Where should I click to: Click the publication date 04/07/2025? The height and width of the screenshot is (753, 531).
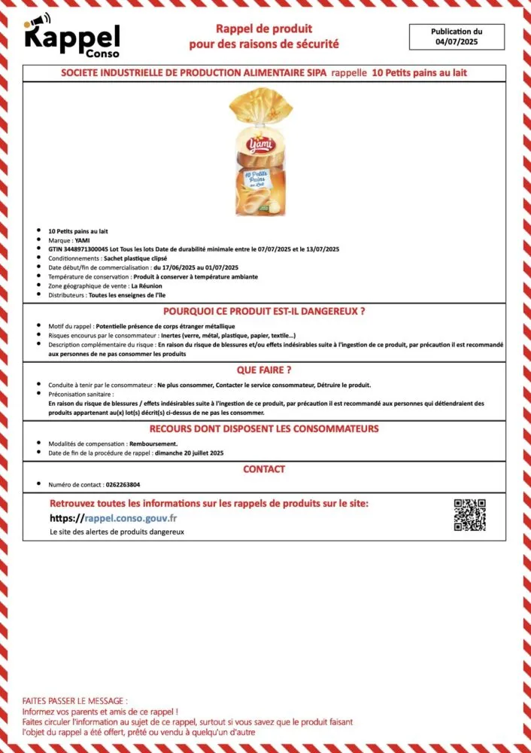point(457,42)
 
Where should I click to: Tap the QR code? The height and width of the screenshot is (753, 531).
point(469,515)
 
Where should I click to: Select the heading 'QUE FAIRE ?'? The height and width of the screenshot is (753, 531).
point(263,370)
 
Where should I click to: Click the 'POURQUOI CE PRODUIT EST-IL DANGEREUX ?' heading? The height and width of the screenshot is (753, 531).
point(264,311)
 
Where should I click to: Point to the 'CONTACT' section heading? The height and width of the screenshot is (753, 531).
point(264,469)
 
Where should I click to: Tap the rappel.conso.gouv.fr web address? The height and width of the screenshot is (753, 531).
point(130,518)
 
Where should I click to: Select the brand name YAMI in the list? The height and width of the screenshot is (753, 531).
point(83,240)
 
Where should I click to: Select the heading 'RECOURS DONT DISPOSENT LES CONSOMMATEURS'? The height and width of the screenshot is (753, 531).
point(264,428)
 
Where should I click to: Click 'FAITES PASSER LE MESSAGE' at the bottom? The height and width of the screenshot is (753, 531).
point(75,700)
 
